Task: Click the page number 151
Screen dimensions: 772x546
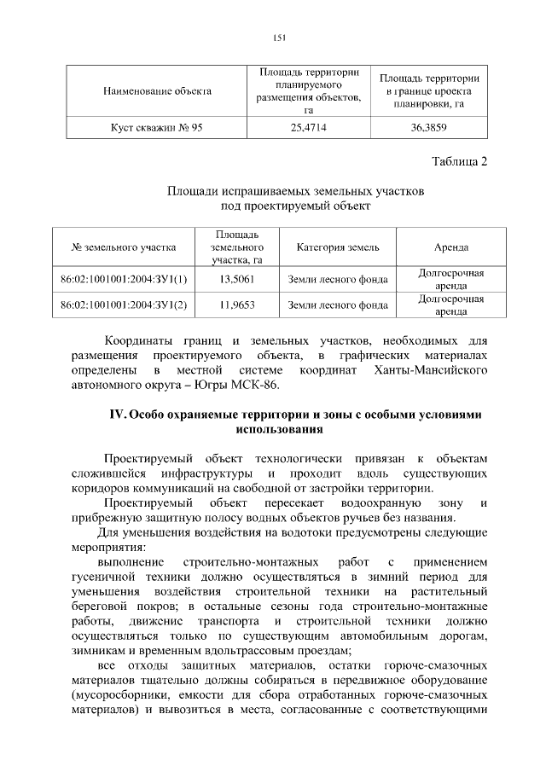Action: pyautogui.click(x=278, y=36)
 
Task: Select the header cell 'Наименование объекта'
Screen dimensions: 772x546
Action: pyautogui.click(x=157, y=90)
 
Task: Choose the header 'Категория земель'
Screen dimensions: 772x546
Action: pyautogui.click(x=338, y=247)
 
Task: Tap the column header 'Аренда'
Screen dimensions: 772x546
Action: pyautogui.click(x=450, y=247)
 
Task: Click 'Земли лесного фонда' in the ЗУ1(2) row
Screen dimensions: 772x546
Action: pyautogui.click(x=338, y=304)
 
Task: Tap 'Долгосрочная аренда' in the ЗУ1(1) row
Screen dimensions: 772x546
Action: pyautogui.click(x=450, y=279)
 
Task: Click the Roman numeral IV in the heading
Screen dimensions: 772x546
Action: pyautogui.click(x=118, y=415)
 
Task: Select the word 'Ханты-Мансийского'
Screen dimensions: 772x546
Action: pyautogui.click(x=430, y=370)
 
